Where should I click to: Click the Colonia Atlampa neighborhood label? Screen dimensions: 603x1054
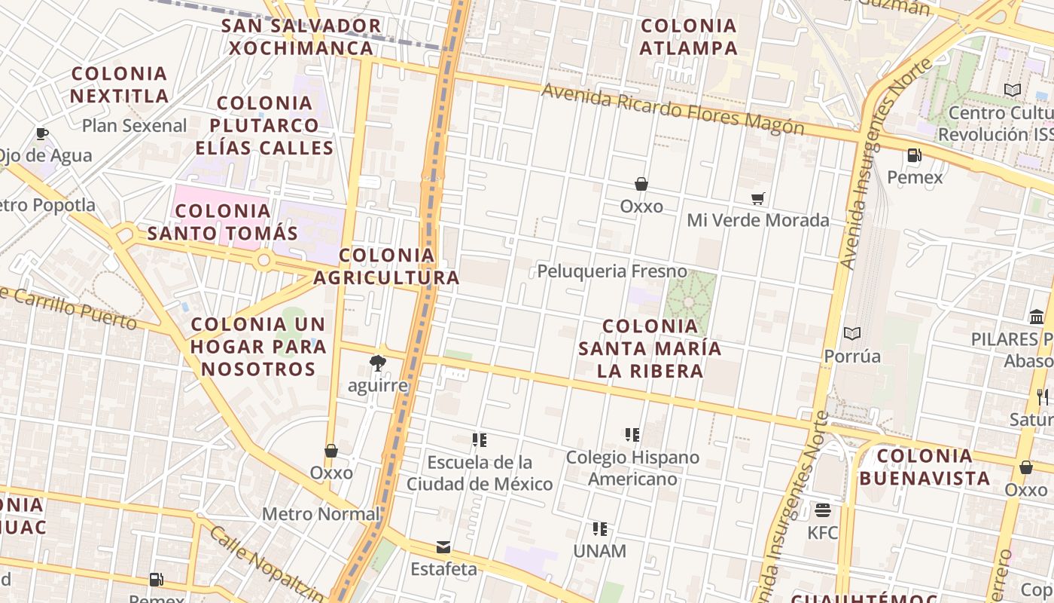click(x=688, y=37)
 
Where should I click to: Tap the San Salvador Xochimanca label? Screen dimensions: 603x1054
click(x=301, y=37)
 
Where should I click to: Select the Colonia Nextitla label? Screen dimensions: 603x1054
click(x=119, y=84)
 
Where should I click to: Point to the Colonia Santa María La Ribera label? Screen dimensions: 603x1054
click(x=650, y=348)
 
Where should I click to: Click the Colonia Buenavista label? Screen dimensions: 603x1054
click(x=925, y=467)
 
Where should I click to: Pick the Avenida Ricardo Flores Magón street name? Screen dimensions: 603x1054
click(x=672, y=110)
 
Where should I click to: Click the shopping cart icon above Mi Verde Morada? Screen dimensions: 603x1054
click(x=757, y=198)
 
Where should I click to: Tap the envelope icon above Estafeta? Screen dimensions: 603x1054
click(x=443, y=547)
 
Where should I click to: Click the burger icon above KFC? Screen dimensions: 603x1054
click(x=822, y=510)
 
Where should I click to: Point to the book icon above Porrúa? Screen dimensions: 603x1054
click(x=852, y=333)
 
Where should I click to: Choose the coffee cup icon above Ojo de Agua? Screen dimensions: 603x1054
click(x=42, y=134)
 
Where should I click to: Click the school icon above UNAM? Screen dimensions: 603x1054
click(x=599, y=529)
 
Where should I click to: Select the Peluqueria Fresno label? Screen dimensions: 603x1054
click(x=612, y=271)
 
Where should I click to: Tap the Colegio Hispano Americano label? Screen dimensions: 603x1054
click(x=632, y=468)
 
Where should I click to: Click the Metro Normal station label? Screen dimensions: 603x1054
click(x=321, y=514)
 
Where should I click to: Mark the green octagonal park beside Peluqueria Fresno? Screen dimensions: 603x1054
click(x=689, y=301)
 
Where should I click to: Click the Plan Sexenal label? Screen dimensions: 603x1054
click(x=134, y=126)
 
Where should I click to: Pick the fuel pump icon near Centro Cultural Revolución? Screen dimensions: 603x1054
click(x=914, y=155)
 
